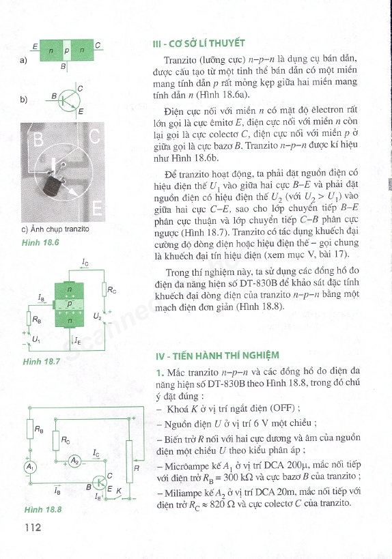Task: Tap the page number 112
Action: tap(33, 527)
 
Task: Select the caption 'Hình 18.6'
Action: tap(41, 242)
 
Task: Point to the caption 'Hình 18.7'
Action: tap(41, 360)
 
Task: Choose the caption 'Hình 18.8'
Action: tap(42, 509)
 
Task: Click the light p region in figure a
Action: tap(66, 51)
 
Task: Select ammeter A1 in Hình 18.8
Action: tap(29, 466)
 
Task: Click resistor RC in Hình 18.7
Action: tap(104, 290)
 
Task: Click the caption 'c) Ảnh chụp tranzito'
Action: tap(55, 229)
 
